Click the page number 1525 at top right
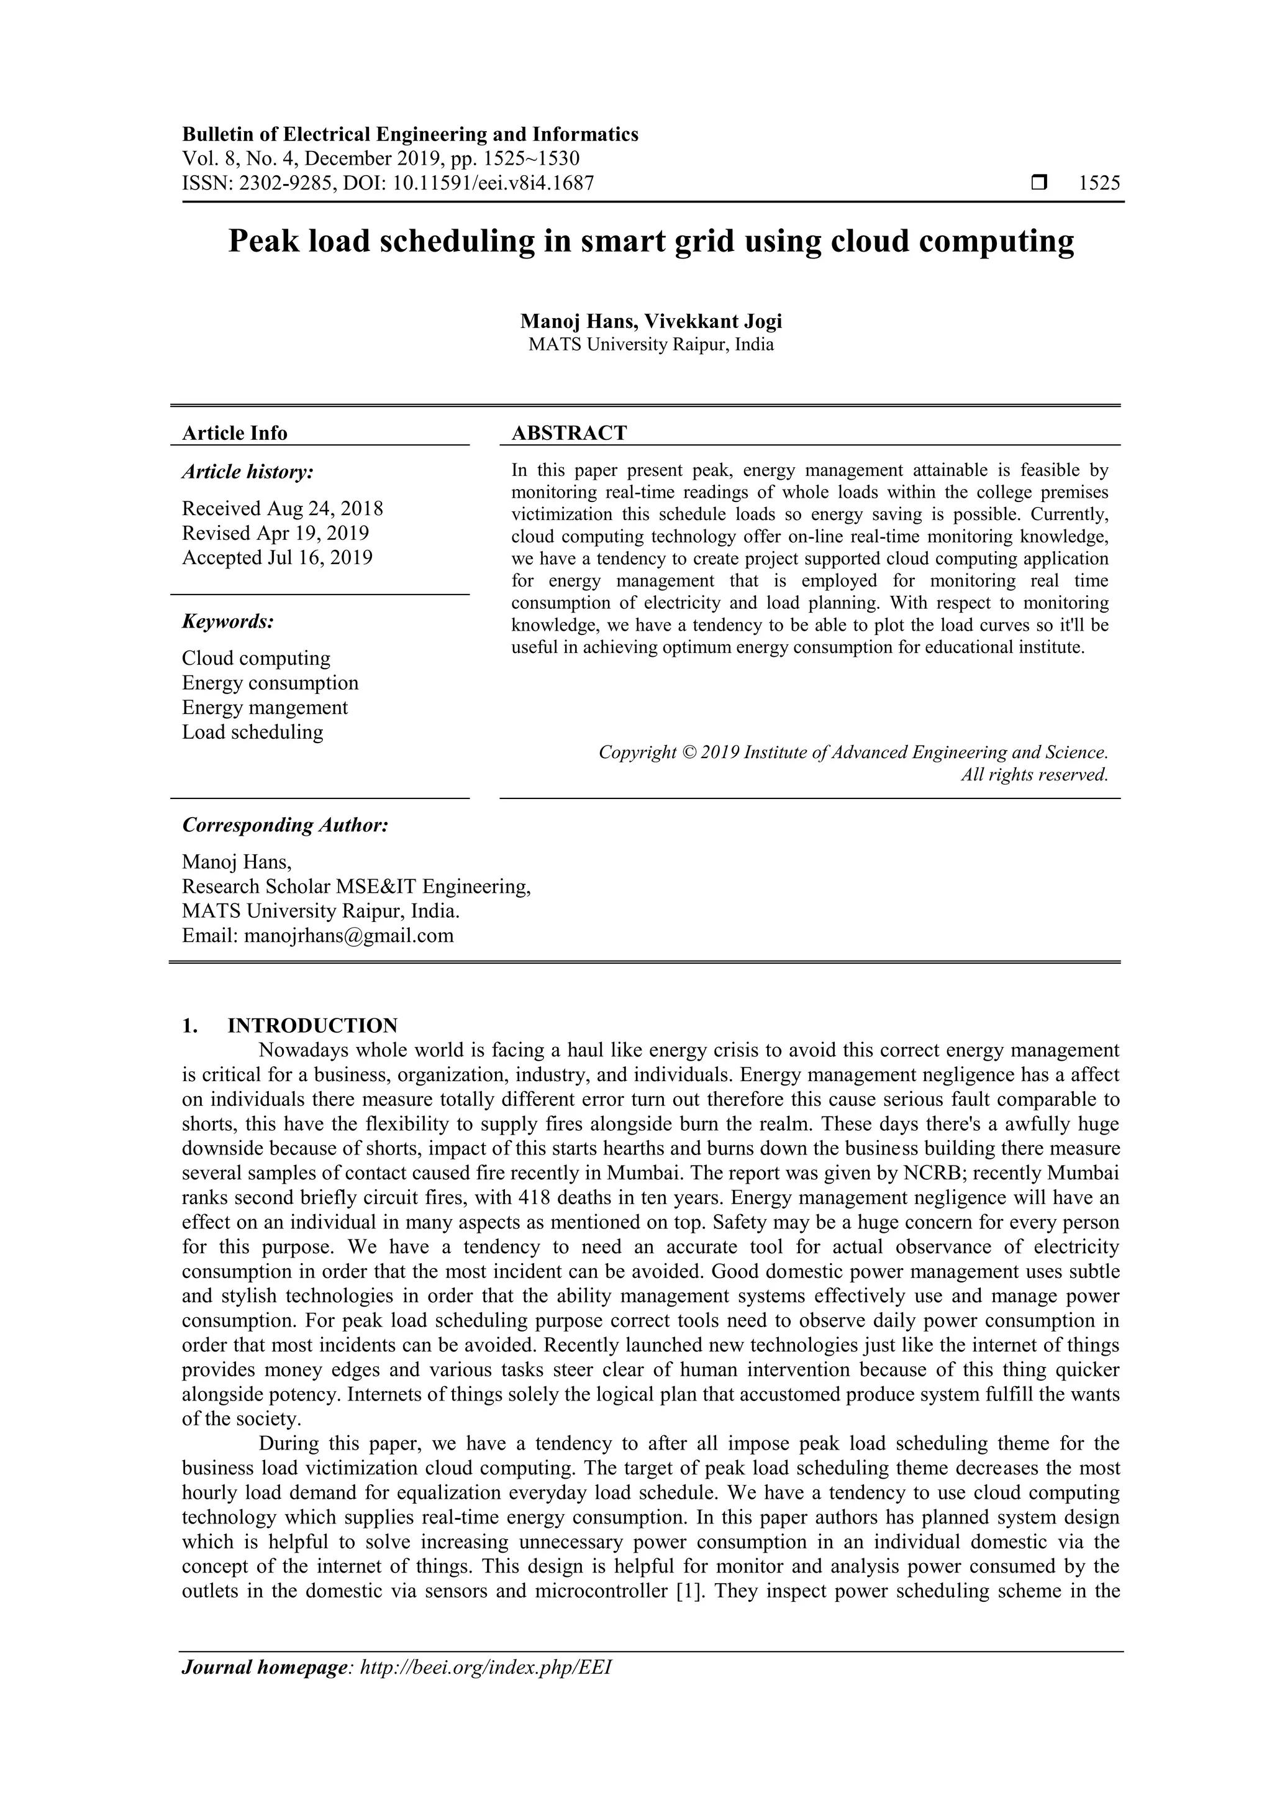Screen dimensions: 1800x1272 (x=1099, y=183)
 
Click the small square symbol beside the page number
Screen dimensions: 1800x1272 (x=1040, y=183)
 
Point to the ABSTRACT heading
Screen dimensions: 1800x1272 (x=569, y=432)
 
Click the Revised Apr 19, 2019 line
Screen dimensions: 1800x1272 (x=275, y=533)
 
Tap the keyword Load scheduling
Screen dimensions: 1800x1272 (x=252, y=732)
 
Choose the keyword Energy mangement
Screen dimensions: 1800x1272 (x=265, y=707)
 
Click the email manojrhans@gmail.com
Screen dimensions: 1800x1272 (x=349, y=935)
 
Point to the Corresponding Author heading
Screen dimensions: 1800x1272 (x=285, y=825)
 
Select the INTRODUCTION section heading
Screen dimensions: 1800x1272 (x=312, y=1025)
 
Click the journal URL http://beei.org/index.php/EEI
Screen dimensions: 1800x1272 (x=484, y=1667)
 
